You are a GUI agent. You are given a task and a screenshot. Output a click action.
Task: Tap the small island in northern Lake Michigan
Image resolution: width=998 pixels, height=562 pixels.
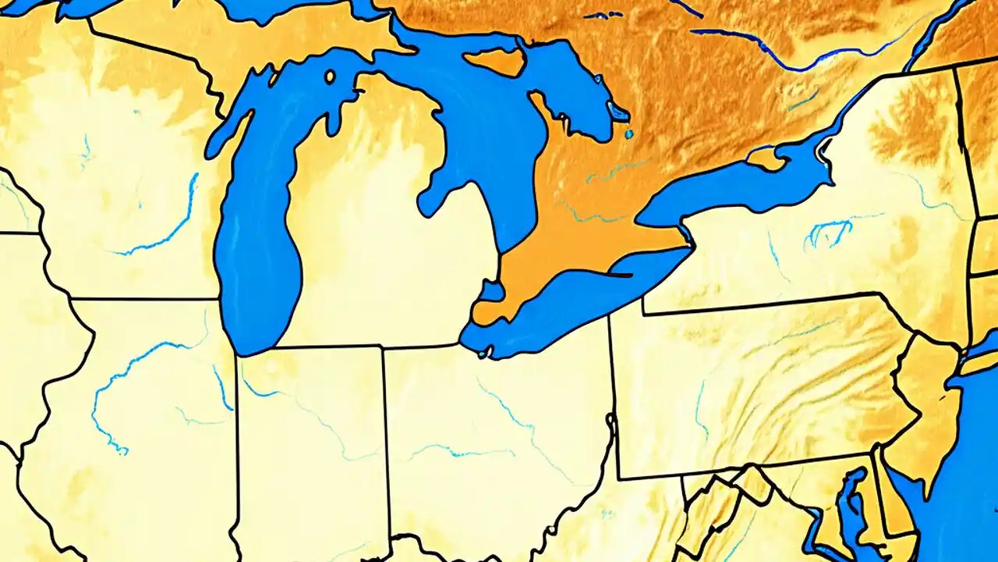click(x=330, y=76)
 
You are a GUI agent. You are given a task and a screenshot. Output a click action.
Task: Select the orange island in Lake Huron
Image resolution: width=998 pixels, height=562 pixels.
click(x=496, y=62)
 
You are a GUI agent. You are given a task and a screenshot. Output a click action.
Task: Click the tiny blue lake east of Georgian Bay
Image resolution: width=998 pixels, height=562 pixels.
click(x=628, y=134)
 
